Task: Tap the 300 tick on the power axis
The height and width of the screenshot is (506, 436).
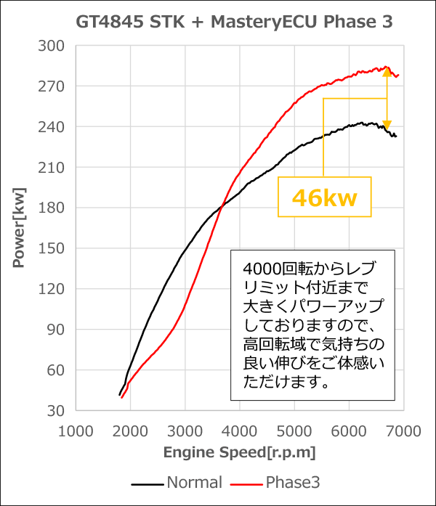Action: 52,46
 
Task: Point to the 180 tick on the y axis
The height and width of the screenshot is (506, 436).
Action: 52,208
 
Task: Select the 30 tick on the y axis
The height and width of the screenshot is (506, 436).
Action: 55,411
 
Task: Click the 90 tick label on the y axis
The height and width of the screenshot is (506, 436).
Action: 55,330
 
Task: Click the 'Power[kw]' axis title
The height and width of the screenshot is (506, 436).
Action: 20,228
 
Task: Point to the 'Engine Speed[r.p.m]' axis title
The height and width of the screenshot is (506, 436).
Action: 239,452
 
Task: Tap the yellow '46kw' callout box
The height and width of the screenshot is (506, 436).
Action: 324,197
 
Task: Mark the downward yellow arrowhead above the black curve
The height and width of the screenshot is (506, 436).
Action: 387,125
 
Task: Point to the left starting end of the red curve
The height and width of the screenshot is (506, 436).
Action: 121,397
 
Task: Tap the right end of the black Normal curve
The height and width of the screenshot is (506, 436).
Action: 396,136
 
